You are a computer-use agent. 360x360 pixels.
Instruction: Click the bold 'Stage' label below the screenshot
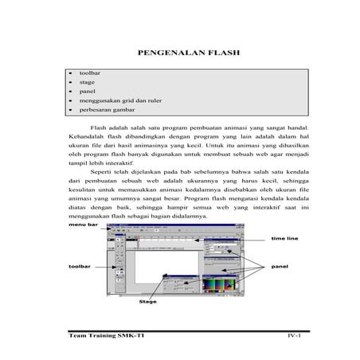148,303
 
